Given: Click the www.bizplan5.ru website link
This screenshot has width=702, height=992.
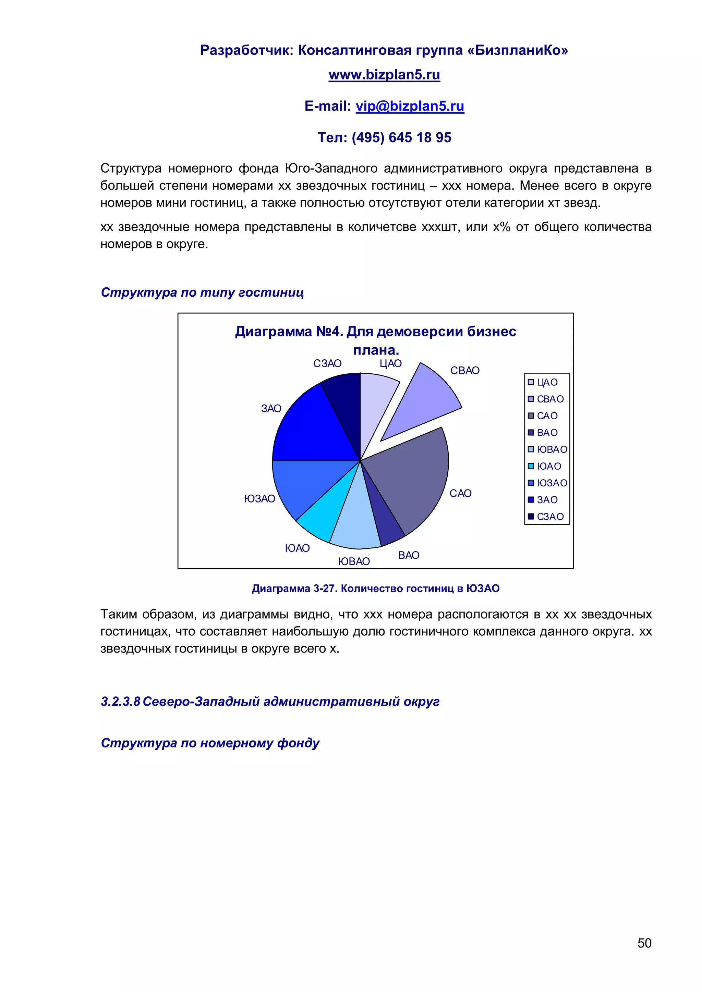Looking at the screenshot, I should click(384, 75).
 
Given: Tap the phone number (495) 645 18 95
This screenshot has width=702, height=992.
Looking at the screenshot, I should click(401, 137).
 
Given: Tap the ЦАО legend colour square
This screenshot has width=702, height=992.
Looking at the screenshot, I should click(531, 382).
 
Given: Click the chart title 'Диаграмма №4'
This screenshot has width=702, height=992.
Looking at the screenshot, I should click(375, 332).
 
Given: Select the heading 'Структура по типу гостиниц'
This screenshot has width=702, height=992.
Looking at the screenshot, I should click(202, 293).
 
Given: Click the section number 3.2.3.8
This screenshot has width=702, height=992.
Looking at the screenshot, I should click(121, 701).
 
